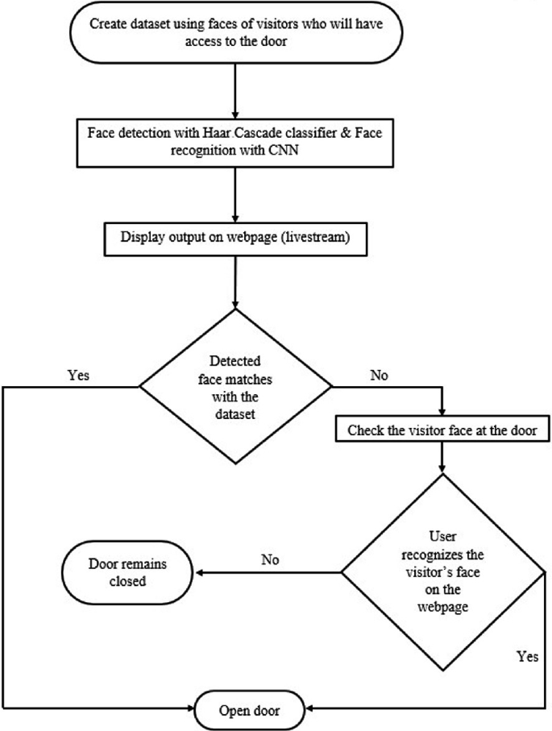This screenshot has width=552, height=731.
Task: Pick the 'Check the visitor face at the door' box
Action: [442, 430]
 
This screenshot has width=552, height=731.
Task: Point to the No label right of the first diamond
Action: [378, 375]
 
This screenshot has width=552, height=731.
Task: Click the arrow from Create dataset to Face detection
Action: [234, 89]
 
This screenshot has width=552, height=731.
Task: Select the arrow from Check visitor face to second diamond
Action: [442, 457]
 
